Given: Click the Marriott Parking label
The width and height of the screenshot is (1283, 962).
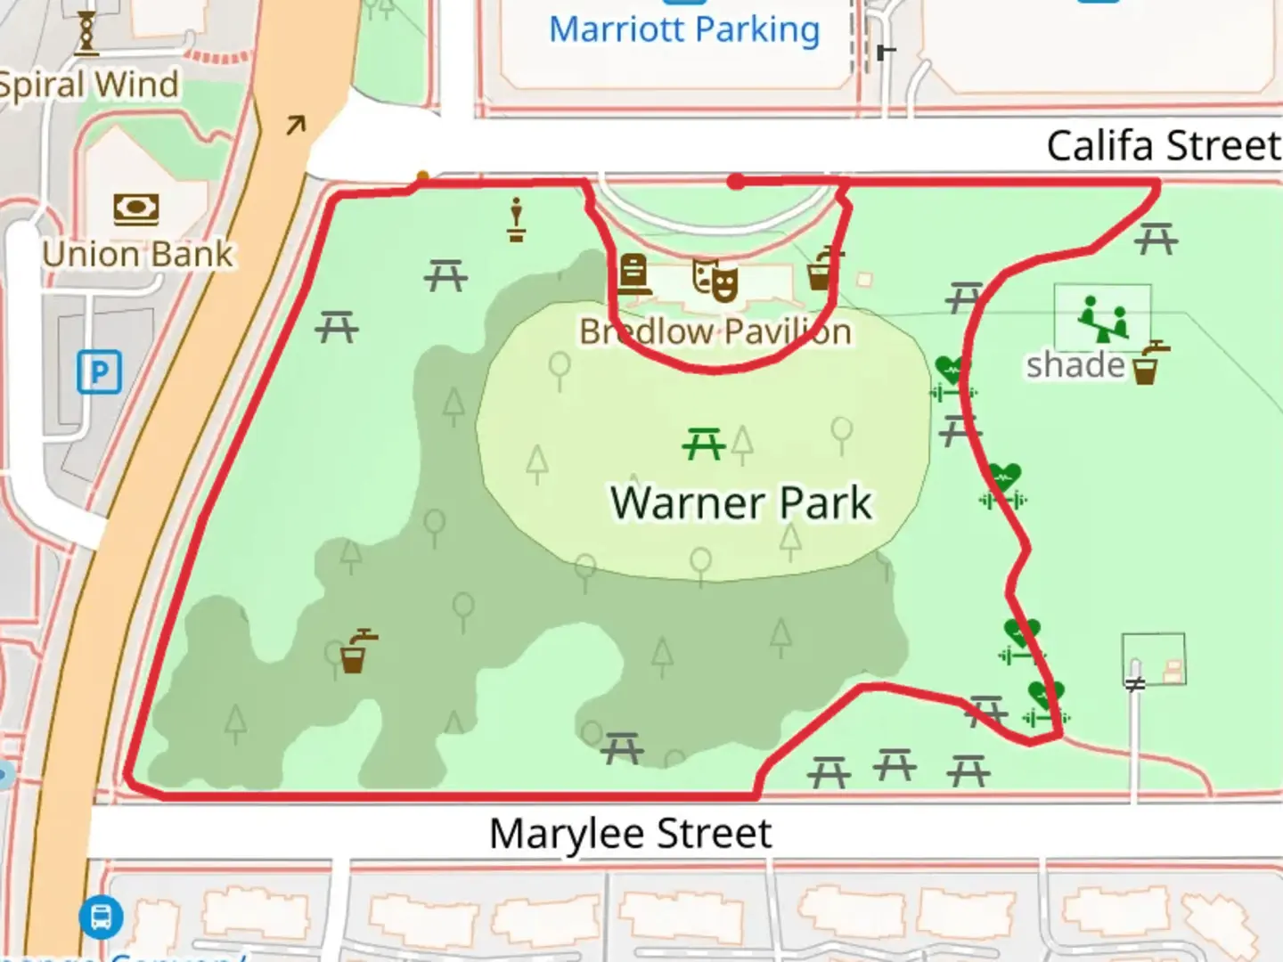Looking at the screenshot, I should coord(684,30).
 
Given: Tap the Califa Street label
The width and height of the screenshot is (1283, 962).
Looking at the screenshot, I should coord(1163,146).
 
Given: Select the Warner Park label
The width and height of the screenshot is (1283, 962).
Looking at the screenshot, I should coord(741,503).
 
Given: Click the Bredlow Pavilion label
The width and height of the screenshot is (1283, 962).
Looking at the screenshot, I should coord(715,332).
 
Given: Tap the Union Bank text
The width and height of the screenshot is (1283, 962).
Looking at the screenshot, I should coord(138,255).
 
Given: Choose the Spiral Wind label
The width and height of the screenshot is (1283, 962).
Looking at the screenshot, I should coord(89,86).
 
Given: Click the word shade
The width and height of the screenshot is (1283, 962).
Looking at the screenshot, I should coord(1075,365).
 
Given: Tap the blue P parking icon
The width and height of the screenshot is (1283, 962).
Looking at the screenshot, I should coord(99,371).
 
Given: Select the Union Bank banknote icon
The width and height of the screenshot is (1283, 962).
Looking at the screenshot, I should coord(136,209).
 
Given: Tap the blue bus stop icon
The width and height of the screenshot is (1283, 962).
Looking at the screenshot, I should coord(101,916).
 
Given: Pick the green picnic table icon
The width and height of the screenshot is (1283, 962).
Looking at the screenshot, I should coord(704,443).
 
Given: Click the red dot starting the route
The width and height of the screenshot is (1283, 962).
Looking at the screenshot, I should coord(736,182).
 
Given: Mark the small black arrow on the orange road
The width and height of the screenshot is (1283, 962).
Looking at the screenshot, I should coord(295,126).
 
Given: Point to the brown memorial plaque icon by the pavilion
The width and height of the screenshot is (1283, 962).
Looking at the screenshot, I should coord(633,273).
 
